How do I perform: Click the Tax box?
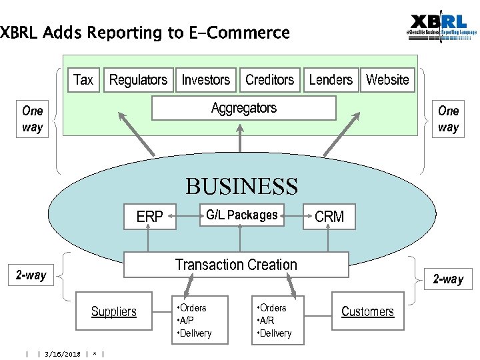[83, 80]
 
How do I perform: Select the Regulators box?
[138, 80]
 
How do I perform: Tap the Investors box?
[206, 80]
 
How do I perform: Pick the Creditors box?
[269, 80]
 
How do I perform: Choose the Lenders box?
[331, 80]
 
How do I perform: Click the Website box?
[387, 80]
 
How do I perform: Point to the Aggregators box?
[243, 108]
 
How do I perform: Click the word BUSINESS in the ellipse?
[241, 186]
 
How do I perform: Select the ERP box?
[150, 217]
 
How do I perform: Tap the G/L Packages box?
[241, 215]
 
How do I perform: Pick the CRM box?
[329, 217]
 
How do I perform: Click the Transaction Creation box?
[236, 265]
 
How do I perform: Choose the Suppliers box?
[114, 311]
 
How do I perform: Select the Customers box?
[367, 311]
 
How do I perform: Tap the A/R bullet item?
[266, 321]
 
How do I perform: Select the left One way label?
[32, 119]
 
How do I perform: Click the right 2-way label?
[448, 279]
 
